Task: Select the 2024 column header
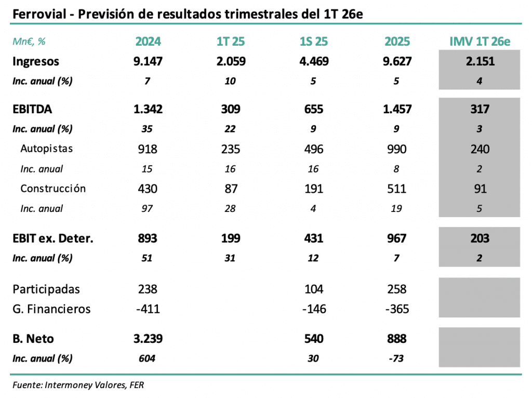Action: pyautogui.click(x=148, y=42)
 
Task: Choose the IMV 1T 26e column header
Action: pyautogui.click(x=480, y=42)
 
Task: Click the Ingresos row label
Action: pyautogui.click(x=36, y=61)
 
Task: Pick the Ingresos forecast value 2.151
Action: pyautogui.click(x=480, y=61)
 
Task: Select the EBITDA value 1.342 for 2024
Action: pyautogui.click(x=148, y=109)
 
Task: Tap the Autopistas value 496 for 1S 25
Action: pyautogui.click(x=313, y=149)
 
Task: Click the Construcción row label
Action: pyautogui.click(x=53, y=189)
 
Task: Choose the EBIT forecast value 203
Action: pyautogui.click(x=480, y=238)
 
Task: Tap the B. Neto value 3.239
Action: pyautogui.click(x=148, y=339)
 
